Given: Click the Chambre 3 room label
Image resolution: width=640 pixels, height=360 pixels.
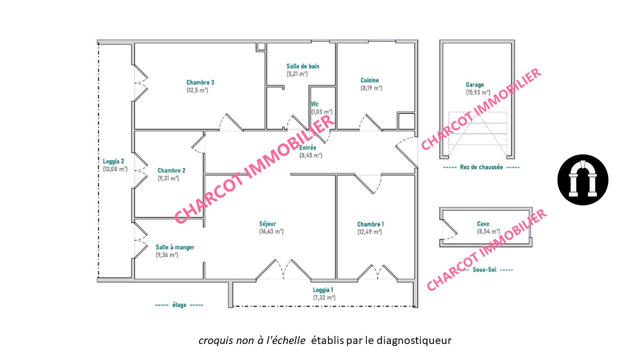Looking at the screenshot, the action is pyautogui.click(x=200, y=82).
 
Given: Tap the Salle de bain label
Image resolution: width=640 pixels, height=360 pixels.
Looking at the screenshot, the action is pyautogui.click(x=303, y=66).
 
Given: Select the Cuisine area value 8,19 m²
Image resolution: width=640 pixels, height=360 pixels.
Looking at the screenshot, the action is pyautogui.click(x=371, y=88).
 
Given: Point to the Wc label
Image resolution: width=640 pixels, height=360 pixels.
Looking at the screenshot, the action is pyautogui.click(x=314, y=104).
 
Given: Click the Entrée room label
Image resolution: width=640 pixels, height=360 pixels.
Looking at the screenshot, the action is pyautogui.click(x=307, y=147).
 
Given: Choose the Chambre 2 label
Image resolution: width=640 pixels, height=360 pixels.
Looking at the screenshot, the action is pyautogui.click(x=171, y=170).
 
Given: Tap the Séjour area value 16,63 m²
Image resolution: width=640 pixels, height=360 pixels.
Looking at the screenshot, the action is pyautogui.click(x=271, y=231).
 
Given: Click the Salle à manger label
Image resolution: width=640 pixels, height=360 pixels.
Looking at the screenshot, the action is pyautogui.click(x=175, y=247).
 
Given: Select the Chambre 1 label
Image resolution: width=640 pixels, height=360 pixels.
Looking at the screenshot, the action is pyautogui.click(x=370, y=224).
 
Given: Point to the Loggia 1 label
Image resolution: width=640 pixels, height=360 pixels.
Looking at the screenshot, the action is pyautogui.click(x=323, y=290).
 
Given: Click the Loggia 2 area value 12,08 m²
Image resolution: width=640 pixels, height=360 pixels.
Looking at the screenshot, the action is pyautogui.click(x=115, y=169).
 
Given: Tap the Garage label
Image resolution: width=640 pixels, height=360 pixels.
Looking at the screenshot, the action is pyautogui.click(x=475, y=85).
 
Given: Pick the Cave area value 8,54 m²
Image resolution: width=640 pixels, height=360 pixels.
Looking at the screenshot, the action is pyautogui.click(x=488, y=231).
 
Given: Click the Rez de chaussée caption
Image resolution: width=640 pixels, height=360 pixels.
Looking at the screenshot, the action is pyautogui.click(x=481, y=167).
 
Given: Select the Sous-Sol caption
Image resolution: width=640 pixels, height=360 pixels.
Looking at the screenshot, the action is pyautogui.click(x=484, y=269).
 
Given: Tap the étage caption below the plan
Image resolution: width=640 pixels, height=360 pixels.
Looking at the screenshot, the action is pyautogui.click(x=179, y=305).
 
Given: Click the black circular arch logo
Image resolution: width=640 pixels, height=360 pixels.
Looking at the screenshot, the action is pyautogui.click(x=583, y=179).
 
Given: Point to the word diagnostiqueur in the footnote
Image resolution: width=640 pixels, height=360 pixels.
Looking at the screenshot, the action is pyautogui.click(x=414, y=340).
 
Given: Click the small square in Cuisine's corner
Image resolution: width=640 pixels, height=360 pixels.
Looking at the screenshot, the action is pyautogui.click(x=406, y=121).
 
